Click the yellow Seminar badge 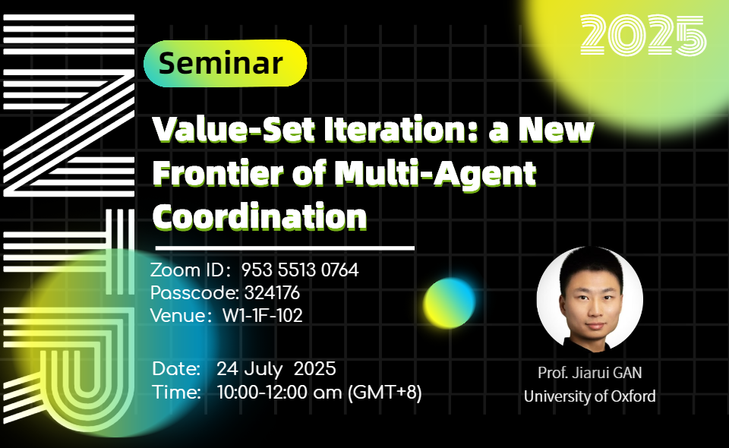pos(225,63)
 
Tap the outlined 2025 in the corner pos(643,35)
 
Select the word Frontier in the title pos(218,173)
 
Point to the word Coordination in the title pos(260,216)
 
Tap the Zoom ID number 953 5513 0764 pos(300,270)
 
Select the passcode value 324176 pos(272,293)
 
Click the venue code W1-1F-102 pos(262,316)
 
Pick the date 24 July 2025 pos(276,369)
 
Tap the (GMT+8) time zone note pos(384,393)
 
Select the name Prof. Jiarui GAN pos(589,373)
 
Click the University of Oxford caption pos(589,396)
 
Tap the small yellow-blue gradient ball pos(450,303)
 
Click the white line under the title pos(285,248)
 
